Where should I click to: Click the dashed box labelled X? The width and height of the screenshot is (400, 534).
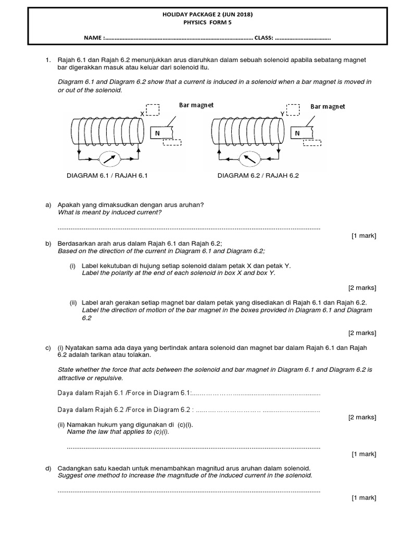[x=153, y=110]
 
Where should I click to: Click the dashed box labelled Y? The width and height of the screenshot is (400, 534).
[x=293, y=109]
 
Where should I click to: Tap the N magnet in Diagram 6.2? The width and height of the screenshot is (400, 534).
[x=298, y=133]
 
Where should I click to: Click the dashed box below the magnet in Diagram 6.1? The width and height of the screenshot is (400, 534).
[x=172, y=142]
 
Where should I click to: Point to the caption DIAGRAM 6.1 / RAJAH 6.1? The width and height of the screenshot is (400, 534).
[x=108, y=176]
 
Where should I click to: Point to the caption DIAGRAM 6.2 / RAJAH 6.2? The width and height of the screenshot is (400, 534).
[x=259, y=176]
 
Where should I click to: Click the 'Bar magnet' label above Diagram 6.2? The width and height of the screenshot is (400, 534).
[x=328, y=106]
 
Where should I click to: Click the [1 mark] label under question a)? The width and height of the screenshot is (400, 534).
[x=364, y=236]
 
